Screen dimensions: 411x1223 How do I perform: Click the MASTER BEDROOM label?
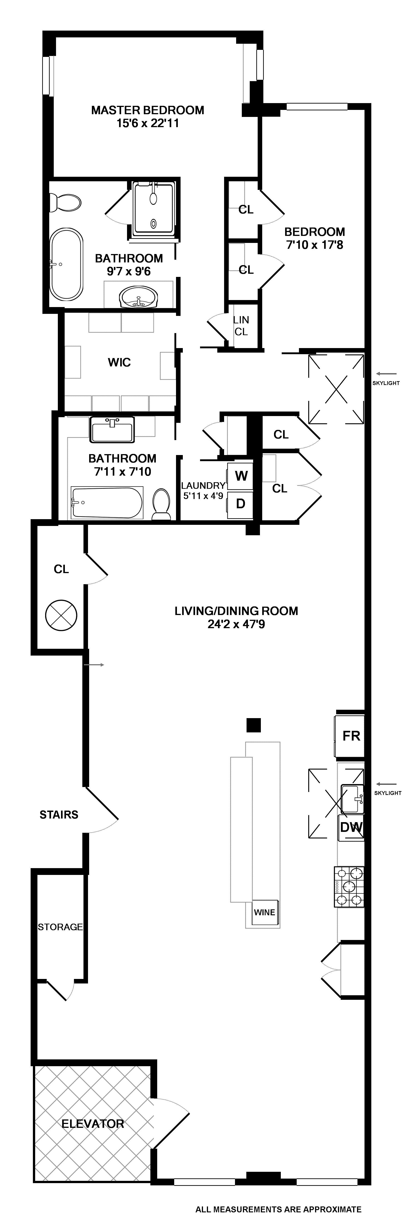148,110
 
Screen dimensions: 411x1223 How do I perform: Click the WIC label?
119,363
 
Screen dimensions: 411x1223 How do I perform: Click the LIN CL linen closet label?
241,326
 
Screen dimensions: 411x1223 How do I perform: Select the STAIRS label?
59,815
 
